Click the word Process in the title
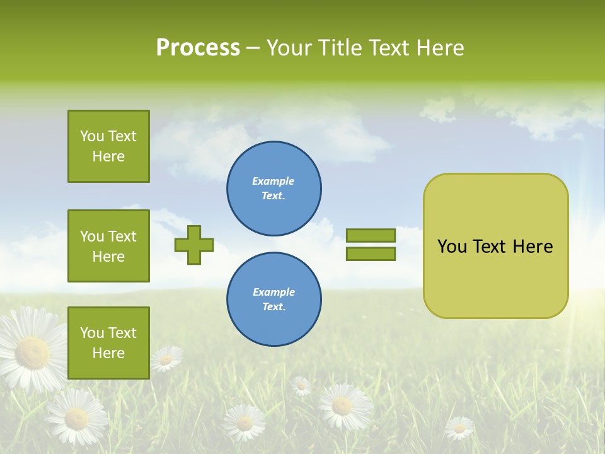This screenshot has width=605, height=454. pyautogui.click(x=198, y=48)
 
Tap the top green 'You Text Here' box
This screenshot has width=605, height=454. pyautogui.click(x=108, y=146)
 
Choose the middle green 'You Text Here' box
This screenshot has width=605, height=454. pyautogui.click(x=108, y=246)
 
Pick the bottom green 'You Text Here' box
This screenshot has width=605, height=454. pyautogui.click(x=108, y=343)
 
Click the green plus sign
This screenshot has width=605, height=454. pyautogui.click(x=194, y=245)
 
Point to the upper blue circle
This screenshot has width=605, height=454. pyautogui.click(x=274, y=189)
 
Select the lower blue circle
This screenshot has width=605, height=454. pyautogui.click(x=274, y=300)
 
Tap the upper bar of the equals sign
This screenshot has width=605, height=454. pyautogui.click(x=371, y=236)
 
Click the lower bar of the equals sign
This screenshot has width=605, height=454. pyautogui.click(x=371, y=253)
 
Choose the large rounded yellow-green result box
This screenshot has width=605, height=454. pyautogui.click(x=495, y=246)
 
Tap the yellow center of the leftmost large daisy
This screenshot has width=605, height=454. pyautogui.click(x=32, y=352)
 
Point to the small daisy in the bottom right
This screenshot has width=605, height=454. pyautogui.click(x=459, y=428)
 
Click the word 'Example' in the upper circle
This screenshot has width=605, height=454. pyautogui.click(x=273, y=181)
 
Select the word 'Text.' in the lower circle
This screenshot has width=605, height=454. pyautogui.click(x=274, y=306)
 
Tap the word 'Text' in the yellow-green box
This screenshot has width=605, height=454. pyautogui.click(x=490, y=247)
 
